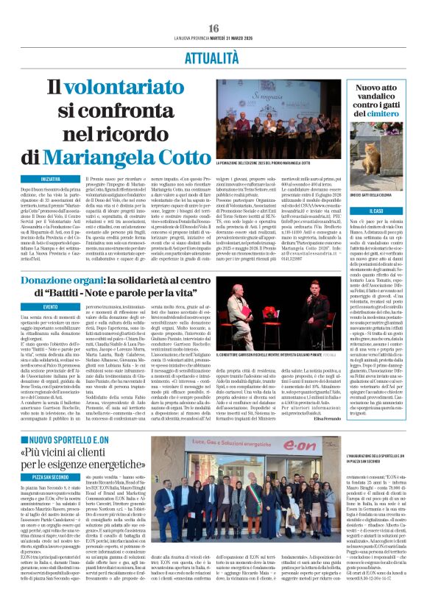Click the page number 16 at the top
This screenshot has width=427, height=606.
click(213, 27)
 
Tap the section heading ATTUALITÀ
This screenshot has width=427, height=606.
click(213, 56)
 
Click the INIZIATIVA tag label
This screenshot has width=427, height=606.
click(51, 179)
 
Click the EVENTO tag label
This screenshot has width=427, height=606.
click(50, 306)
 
